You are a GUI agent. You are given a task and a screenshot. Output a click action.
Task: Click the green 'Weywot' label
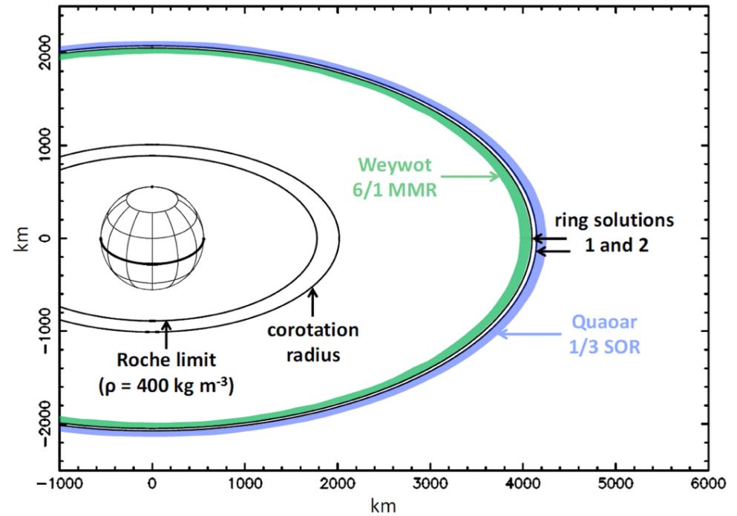[x=389, y=164]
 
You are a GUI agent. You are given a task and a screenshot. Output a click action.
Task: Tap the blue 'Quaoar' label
[x=603, y=324]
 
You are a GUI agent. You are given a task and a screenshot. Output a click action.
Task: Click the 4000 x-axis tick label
[x=523, y=483]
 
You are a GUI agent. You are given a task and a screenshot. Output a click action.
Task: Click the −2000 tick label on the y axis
[x=45, y=423]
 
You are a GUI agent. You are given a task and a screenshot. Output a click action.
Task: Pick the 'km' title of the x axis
[x=383, y=505]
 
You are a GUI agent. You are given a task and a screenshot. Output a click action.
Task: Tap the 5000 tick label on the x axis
[x=615, y=483]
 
